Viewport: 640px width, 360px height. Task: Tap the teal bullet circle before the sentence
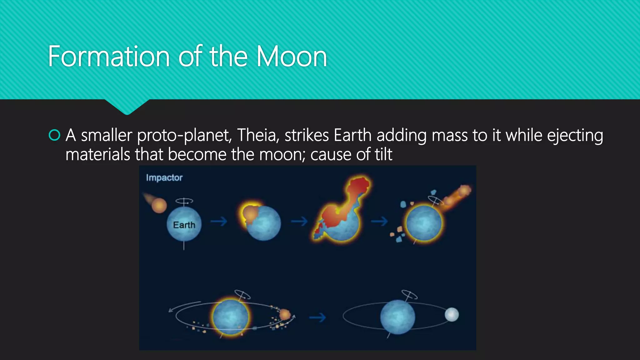[54, 135]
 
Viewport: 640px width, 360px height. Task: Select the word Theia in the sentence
[257, 135]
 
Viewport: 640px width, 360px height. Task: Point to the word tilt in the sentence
[383, 154]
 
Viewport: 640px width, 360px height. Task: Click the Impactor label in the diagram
[164, 177]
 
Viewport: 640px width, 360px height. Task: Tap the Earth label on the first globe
[184, 225]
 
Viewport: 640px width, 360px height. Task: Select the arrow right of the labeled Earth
[219, 222]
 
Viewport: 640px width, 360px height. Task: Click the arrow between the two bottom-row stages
[317, 318]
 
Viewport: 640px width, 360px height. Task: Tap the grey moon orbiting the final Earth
[452, 314]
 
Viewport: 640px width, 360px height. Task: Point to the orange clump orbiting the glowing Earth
[285, 314]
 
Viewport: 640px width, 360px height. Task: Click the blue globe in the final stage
[397, 317]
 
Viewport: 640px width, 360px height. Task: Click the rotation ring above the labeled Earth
[184, 201]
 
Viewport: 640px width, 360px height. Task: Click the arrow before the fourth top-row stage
[379, 222]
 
